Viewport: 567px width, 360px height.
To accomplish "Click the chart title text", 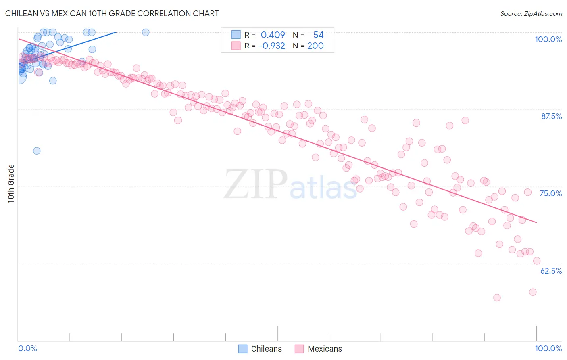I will click(112, 13).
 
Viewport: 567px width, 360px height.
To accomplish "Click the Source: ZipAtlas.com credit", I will click(531, 14).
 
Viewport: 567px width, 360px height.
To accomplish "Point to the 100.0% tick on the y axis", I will click(548, 39).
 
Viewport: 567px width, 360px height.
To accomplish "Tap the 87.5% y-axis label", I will click(551, 116).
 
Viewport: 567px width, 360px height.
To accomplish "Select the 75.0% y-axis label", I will click(550, 193).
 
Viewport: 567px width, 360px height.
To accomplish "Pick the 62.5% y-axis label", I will click(551, 271).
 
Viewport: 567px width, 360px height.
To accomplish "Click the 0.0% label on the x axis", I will click(27, 348).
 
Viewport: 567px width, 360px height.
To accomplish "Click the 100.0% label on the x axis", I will click(548, 348).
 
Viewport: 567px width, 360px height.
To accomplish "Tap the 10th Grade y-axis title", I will click(11, 184).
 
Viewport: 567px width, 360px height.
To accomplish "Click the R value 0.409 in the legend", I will click(273, 35).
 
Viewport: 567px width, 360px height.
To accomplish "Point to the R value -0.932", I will click(271, 46).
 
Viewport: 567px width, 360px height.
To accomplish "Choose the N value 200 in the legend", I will click(315, 46).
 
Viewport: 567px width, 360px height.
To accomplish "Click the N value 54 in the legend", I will click(318, 35).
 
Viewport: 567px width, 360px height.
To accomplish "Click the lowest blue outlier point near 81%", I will click(37, 151).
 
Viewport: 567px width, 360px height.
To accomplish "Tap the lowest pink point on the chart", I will click(497, 297).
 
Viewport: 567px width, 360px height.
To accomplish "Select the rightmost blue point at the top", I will click(146, 32).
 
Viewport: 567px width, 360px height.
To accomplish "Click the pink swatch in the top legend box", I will click(236, 46).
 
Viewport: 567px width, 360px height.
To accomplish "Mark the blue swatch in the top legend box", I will click(236, 35).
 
